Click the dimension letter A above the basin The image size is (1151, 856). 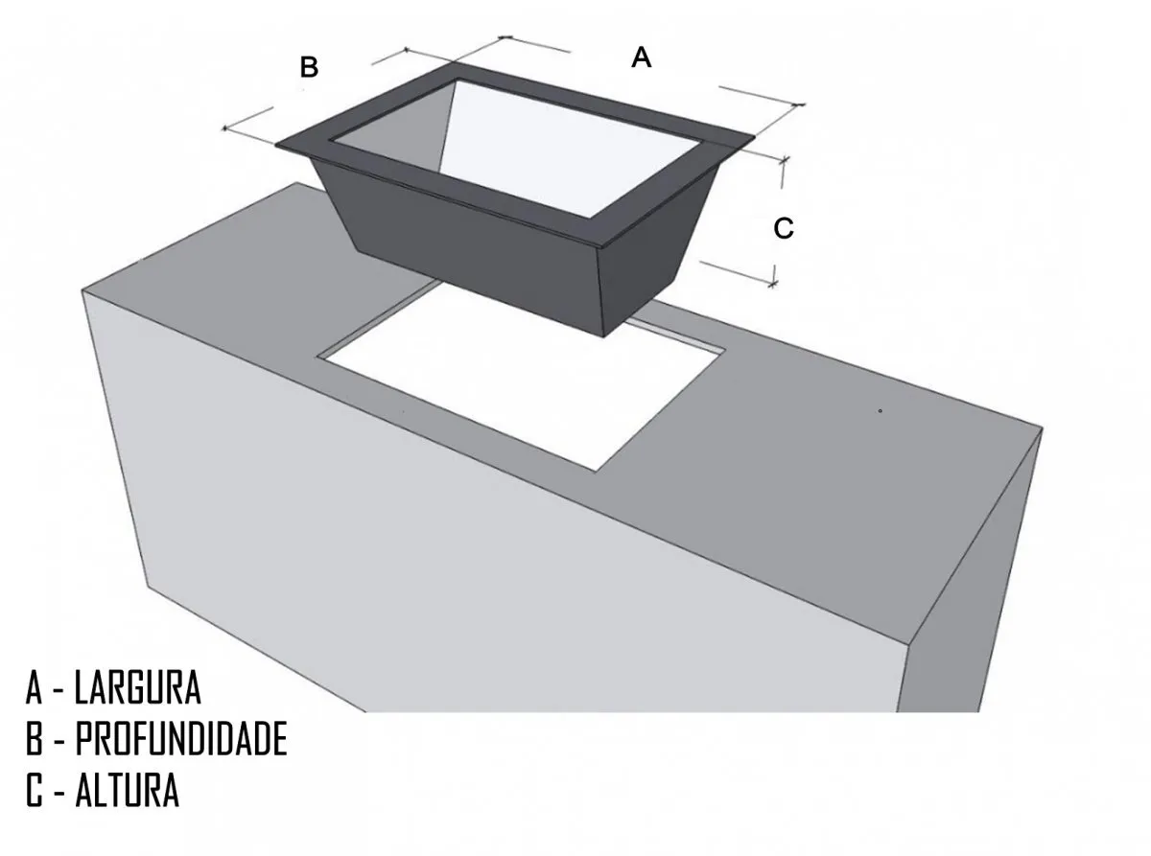click(641, 58)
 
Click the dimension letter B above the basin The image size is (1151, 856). click(309, 67)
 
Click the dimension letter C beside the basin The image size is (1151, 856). click(783, 228)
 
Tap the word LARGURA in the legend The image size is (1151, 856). click(138, 688)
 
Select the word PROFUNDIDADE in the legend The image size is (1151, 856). click(181, 739)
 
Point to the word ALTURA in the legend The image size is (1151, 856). click(128, 789)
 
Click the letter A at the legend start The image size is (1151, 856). click(34, 688)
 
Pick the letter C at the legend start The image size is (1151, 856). click(34, 789)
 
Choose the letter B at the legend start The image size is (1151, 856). click(34, 739)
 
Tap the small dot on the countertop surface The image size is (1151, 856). click(881, 411)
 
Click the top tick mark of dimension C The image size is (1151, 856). click(784, 159)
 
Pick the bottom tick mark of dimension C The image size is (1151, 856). click(773, 284)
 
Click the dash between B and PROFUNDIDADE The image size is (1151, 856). click(59, 740)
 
